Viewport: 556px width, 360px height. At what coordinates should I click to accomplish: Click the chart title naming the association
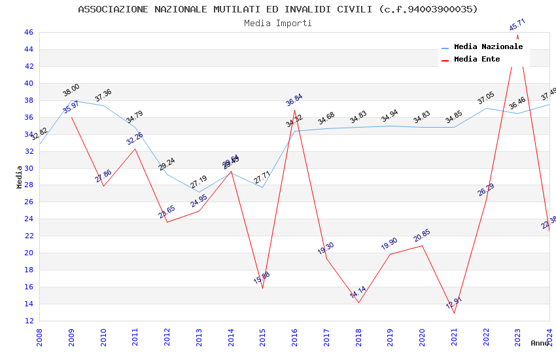coord(278,9)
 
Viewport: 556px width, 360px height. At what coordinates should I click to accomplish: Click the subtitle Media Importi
coord(278,23)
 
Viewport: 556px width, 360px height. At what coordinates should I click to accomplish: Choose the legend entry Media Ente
coord(477,60)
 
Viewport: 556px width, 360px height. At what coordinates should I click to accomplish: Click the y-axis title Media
coord(20,177)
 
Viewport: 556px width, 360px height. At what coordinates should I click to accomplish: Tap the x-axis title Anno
coord(540,343)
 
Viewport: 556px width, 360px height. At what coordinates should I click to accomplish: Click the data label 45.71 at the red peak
coord(517,26)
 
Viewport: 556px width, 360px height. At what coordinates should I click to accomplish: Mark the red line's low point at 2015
coord(262,288)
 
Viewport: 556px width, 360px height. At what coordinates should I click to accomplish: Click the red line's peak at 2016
coord(294,110)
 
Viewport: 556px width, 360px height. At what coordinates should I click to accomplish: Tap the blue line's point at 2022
coord(486,108)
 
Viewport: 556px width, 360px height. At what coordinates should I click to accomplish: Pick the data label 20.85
coord(422,236)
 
